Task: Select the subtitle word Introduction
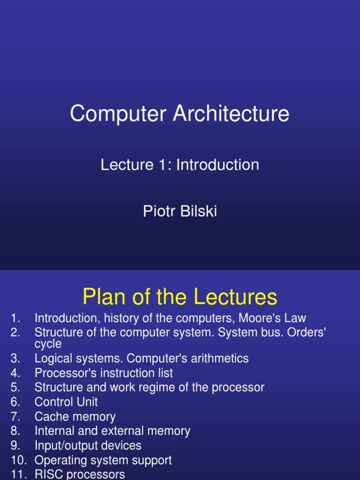click(x=217, y=165)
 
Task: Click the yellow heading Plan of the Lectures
click(x=180, y=297)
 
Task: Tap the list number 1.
click(x=15, y=318)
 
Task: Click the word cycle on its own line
click(x=48, y=344)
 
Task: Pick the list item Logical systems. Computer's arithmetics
click(x=142, y=359)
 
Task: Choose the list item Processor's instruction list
click(x=104, y=373)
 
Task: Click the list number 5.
click(x=15, y=388)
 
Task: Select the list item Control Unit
click(x=66, y=402)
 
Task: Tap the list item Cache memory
click(x=75, y=417)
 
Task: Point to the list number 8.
click(x=15, y=431)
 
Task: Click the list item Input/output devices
click(x=88, y=446)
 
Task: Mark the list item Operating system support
click(x=103, y=460)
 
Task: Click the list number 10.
click(x=18, y=460)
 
